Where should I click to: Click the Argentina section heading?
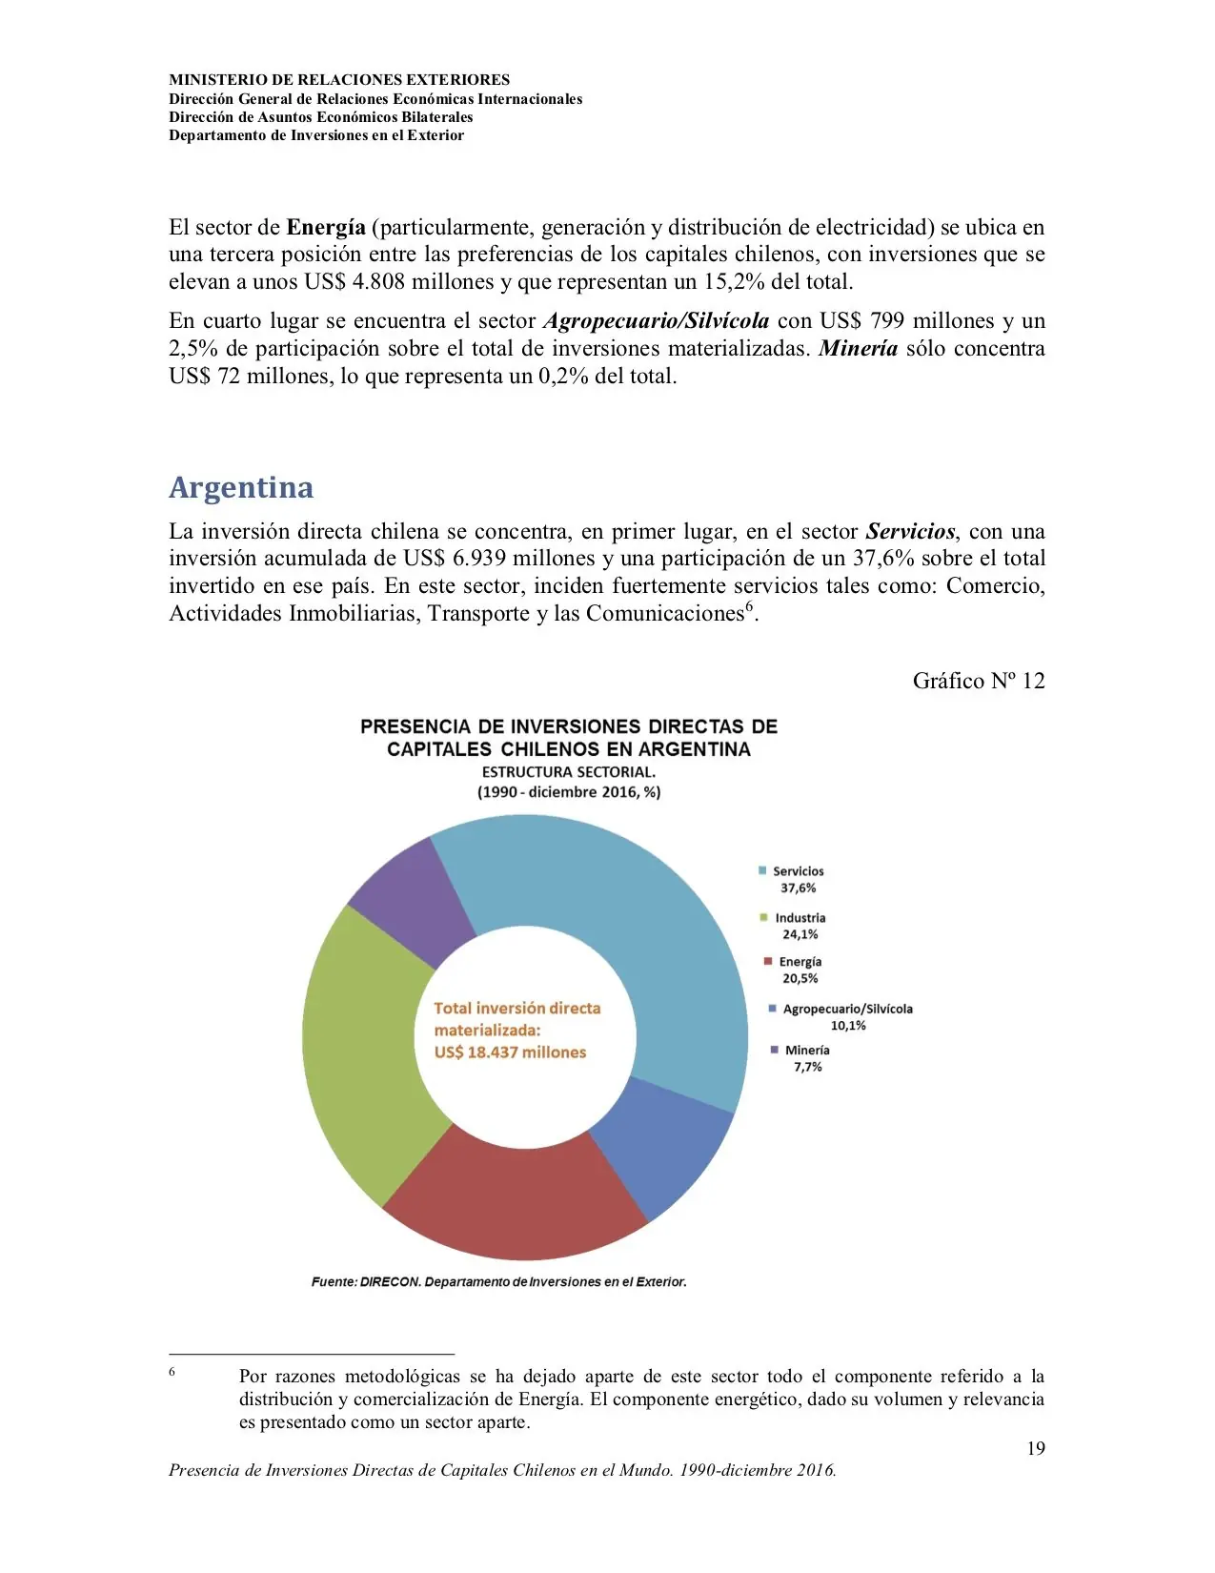click(x=241, y=487)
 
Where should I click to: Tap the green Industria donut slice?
click(x=357, y=1049)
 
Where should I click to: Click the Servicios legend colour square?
click(x=762, y=870)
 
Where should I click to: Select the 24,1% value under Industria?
click(x=800, y=934)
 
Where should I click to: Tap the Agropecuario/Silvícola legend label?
click(x=847, y=1009)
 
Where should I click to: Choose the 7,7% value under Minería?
click(x=807, y=1067)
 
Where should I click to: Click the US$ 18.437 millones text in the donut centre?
click(x=510, y=1052)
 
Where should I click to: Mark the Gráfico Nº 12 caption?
click(x=978, y=681)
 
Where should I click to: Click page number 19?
click(x=1035, y=1448)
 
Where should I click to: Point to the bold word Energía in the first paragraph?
click(x=326, y=227)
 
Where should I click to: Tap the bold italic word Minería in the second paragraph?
click(x=858, y=348)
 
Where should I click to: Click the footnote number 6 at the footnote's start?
click(x=172, y=1371)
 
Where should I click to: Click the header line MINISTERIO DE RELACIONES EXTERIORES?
click(x=339, y=80)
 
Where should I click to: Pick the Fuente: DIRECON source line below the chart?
click(x=498, y=1282)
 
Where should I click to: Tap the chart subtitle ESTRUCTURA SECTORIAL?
click(x=568, y=772)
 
